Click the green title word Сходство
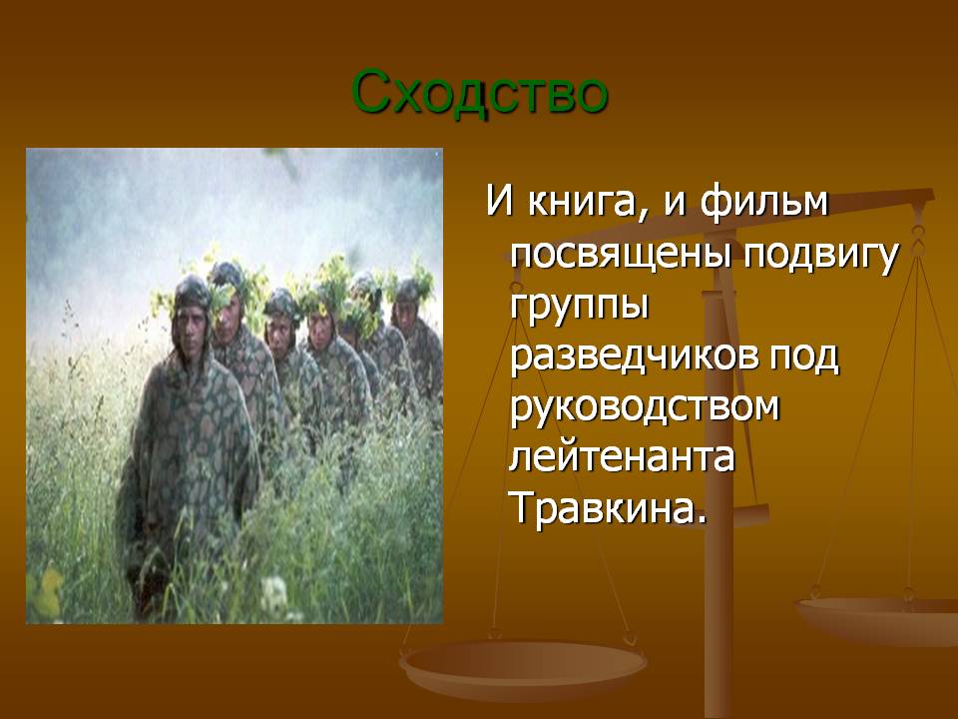(480, 93)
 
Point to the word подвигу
(821, 255)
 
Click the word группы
(579, 307)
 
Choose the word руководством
(645, 408)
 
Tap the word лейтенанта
(622, 456)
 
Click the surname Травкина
(609, 507)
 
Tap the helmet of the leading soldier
(192, 293)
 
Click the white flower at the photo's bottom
(273, 592)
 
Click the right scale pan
(877, 619)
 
